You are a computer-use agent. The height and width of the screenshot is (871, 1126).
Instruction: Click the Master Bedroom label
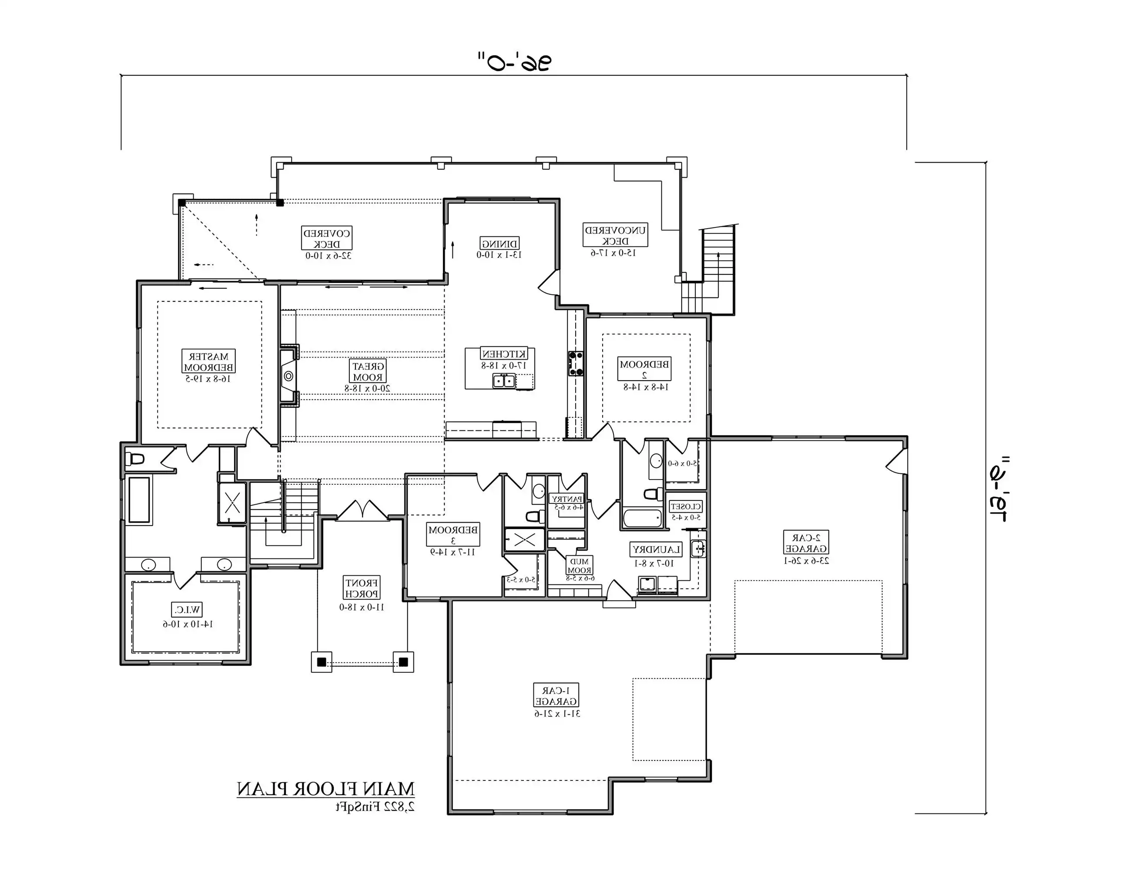209,361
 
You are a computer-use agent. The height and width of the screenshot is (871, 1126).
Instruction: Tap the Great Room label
368,371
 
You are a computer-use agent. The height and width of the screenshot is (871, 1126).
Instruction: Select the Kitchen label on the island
504,354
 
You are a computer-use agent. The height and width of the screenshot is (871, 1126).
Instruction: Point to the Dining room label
499,243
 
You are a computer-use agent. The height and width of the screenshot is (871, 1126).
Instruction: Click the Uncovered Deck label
615,235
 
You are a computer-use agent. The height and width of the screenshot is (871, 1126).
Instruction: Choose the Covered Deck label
327,238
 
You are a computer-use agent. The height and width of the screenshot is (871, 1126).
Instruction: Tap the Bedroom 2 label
644,369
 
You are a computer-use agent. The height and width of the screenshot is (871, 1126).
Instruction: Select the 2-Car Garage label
806,542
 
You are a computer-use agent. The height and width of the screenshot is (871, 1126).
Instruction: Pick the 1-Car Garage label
556,695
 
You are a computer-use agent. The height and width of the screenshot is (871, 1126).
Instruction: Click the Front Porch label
362,588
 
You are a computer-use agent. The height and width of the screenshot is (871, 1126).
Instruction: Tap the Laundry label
655,550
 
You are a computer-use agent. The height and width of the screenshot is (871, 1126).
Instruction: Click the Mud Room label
579,566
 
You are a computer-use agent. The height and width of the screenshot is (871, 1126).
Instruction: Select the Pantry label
566,499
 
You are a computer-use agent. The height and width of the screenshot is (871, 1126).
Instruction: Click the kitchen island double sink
504,381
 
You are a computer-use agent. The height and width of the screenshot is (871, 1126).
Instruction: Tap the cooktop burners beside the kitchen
576,363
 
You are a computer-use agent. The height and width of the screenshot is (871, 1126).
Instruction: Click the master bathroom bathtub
139,500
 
